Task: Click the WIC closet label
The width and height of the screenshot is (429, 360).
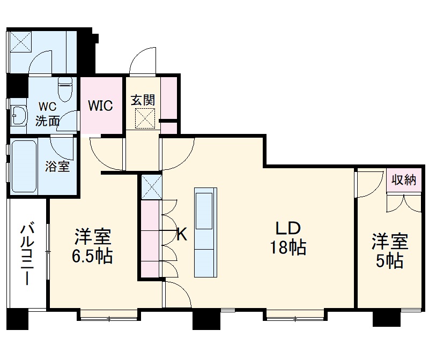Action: pyautogui.click(x=101, y=106)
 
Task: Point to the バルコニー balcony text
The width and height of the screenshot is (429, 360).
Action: pyautogui.click(x=27, y=255)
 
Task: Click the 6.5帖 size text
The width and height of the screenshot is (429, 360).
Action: pyautogui.click(x=92, y=256)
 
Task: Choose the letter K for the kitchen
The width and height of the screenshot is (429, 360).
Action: pyautogui.click(x=182, y=234)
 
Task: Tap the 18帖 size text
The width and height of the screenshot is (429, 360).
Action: pyautogui.click(x=288, y=247)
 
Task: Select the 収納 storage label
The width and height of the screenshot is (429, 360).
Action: pyautogui.click(x=404, y=180)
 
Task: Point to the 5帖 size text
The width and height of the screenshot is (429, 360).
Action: pyautogui.click(x=390, y=262)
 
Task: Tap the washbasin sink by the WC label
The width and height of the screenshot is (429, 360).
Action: pyautogui.click(x=19, y=114)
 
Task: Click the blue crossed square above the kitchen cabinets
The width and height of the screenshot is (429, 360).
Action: pyautogui.click(x=151, y=186)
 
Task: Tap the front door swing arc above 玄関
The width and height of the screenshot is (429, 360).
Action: pyautogui.click(x=143, y=59)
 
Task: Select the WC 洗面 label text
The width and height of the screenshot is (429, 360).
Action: pyautogui.click(x=47, y=113)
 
